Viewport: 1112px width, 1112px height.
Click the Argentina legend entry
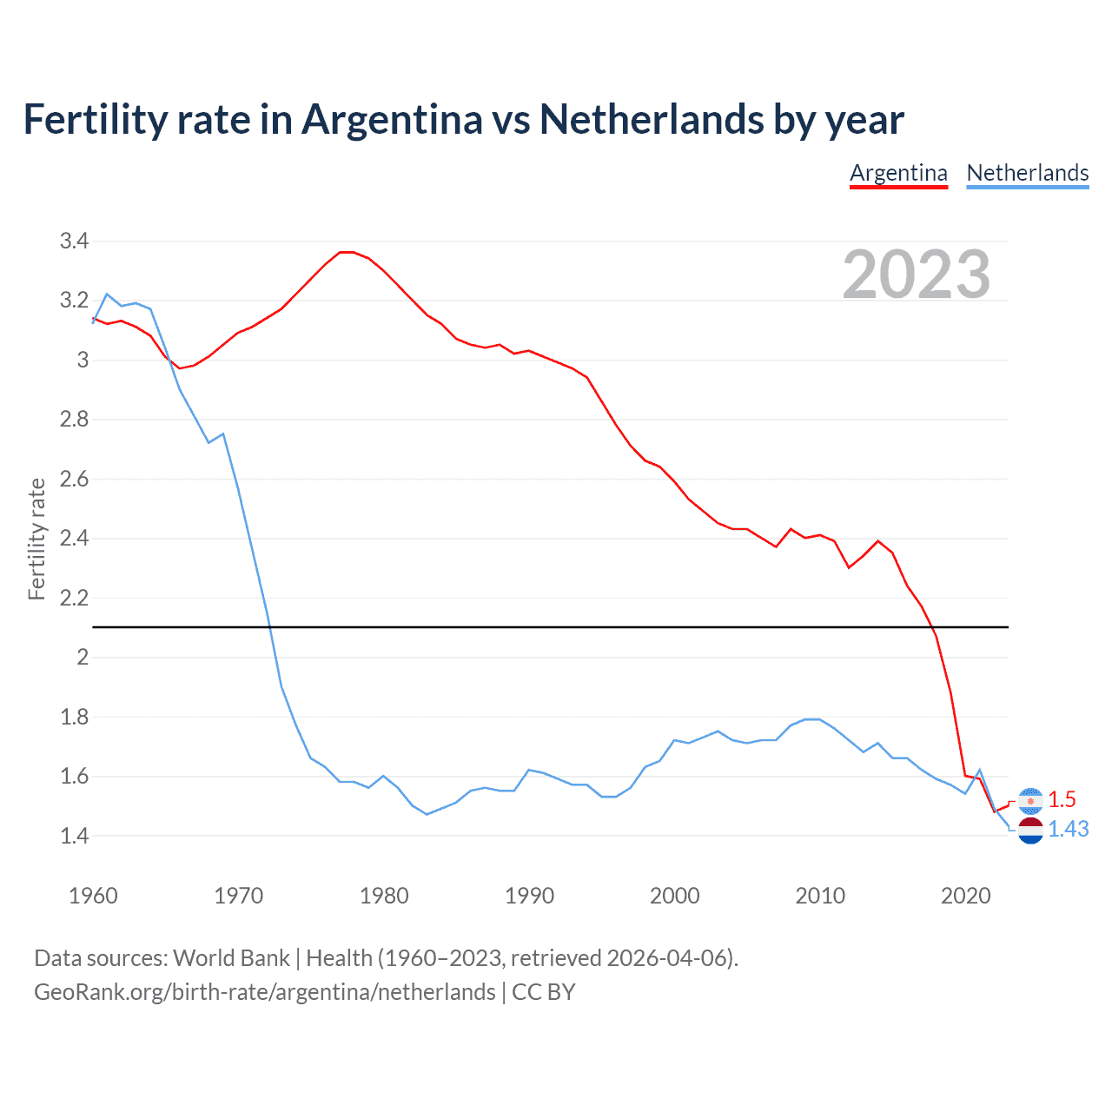898,173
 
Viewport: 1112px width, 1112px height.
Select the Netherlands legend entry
1027,173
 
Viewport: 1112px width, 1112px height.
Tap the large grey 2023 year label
917,274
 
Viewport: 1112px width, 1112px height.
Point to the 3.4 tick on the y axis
74,242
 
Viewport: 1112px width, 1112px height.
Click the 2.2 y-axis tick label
74,598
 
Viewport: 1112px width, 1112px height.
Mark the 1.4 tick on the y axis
74,836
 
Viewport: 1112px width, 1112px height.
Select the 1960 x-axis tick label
93,896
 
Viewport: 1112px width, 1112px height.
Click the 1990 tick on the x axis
529,896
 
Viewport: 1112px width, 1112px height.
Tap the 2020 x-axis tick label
965,896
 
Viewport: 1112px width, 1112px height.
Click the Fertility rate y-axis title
36,539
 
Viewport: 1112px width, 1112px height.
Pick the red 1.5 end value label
1062,799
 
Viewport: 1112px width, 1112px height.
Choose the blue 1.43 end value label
1068,830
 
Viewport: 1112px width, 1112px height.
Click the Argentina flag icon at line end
1030,800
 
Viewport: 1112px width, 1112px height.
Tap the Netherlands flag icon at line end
1030,831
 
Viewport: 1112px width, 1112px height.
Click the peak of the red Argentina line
347,252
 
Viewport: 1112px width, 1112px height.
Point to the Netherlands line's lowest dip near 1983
427,814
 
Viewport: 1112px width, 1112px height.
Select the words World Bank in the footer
231,958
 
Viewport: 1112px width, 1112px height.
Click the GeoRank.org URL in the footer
264,992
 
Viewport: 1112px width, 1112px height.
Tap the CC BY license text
544,992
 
